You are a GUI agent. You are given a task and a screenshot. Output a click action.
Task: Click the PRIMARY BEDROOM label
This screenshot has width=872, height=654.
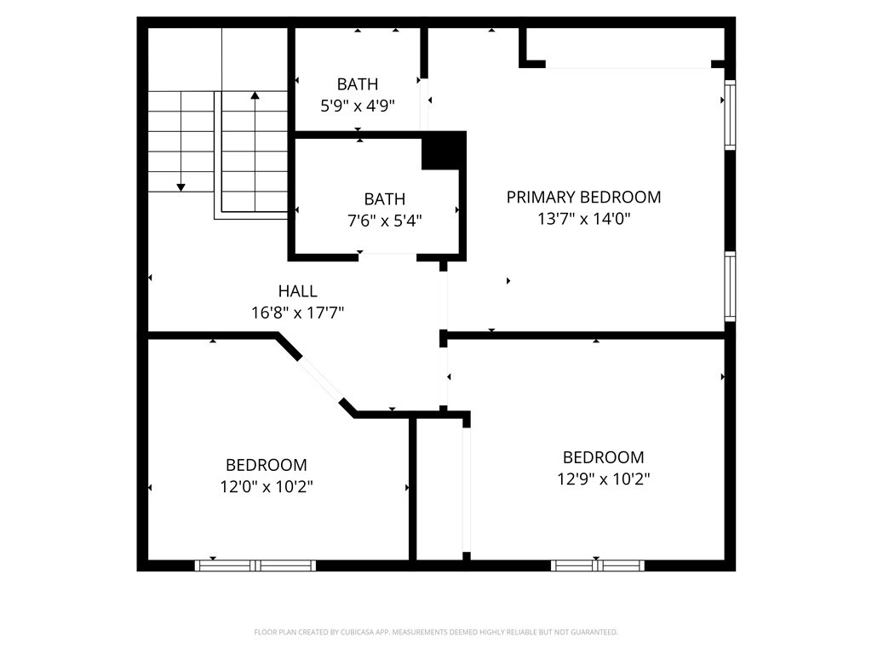(583, 197)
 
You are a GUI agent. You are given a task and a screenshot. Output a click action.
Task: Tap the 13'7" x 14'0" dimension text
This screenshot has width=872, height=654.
(583, 219)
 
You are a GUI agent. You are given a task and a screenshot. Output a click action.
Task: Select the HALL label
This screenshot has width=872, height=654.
(297, 291)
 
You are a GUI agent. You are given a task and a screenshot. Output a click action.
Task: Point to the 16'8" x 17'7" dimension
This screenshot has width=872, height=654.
(297, 313)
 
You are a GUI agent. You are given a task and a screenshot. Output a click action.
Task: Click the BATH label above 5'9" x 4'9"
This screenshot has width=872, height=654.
(358, 84)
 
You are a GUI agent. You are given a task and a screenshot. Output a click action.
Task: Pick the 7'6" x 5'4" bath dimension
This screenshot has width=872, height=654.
(384, 221)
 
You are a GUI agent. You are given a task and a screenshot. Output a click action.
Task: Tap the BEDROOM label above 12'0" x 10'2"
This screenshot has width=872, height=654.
(267, 465)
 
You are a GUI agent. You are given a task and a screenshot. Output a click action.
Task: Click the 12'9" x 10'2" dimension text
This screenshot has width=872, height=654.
(604, 479)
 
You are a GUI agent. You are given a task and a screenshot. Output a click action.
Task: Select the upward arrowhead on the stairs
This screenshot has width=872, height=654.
(255, 95)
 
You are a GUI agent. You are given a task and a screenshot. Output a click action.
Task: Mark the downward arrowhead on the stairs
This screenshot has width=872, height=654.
(181, 187)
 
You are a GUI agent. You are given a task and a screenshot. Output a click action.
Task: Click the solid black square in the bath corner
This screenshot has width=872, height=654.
(443, 151)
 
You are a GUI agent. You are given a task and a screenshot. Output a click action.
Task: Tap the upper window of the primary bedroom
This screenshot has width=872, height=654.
(730, 115)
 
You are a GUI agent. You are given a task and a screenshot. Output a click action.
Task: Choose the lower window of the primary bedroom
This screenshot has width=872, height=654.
(730, 286)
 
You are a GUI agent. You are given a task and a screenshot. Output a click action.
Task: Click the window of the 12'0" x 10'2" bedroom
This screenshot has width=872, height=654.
(255, 565)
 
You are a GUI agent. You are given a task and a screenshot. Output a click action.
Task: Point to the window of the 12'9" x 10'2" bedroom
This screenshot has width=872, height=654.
(598, 565)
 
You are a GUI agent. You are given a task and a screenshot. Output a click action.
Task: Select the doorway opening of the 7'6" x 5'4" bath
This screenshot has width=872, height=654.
(387, 256)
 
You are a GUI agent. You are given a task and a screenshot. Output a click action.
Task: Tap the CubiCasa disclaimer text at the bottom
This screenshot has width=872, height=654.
(436, 632)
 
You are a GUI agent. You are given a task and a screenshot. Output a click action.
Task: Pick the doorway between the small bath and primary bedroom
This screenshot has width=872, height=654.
(424, 105)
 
